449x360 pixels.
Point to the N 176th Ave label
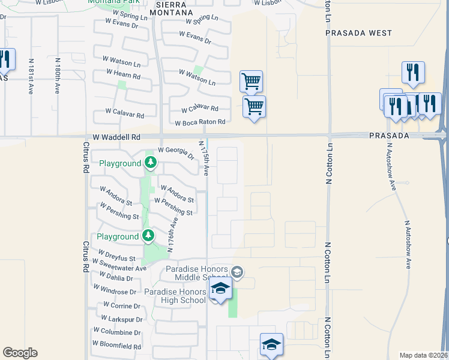click(x=173, y=234)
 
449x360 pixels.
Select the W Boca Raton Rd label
click(x=200, y=122)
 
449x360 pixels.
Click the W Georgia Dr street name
click(x=176, y=154)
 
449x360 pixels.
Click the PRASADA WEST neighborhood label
click(x=358, y=33)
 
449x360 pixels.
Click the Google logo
click(x=20, y=353)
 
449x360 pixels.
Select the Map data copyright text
click(x=424, y=355)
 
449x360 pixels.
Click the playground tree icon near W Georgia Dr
click(x=151, y=163)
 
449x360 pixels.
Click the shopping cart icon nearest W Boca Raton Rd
click(x=255, y=107)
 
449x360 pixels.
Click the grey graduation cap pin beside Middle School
click(x=237, y=273)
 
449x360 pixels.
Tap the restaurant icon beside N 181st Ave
click(x=5, y=59)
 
